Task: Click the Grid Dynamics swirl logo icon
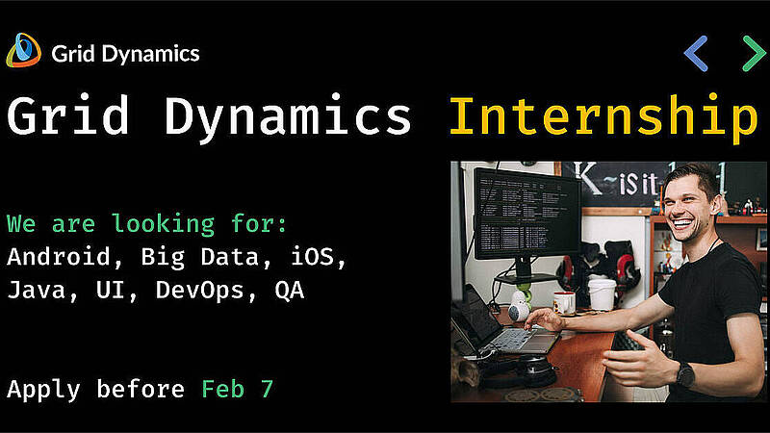[x=23, y=50]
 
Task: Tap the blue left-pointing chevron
[x=695, y=54]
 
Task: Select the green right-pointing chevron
[x=754, y=54]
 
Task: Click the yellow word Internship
[x=603, y=116]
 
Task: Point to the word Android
[x=59, y=257]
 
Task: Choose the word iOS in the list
[x=312, y=257]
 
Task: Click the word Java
[x=37, y=290]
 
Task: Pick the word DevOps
[x=200, y=291]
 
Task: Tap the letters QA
[x=290, y=291]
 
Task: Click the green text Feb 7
[x=237, y=389]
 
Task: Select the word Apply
[x=43, y=390]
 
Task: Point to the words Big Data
[x=200, y=258]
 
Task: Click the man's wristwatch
[x=685, y=374]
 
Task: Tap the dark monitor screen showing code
[x=526, y=214]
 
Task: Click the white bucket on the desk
[x=602, y=294]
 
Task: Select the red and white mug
[x=564, y=303]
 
